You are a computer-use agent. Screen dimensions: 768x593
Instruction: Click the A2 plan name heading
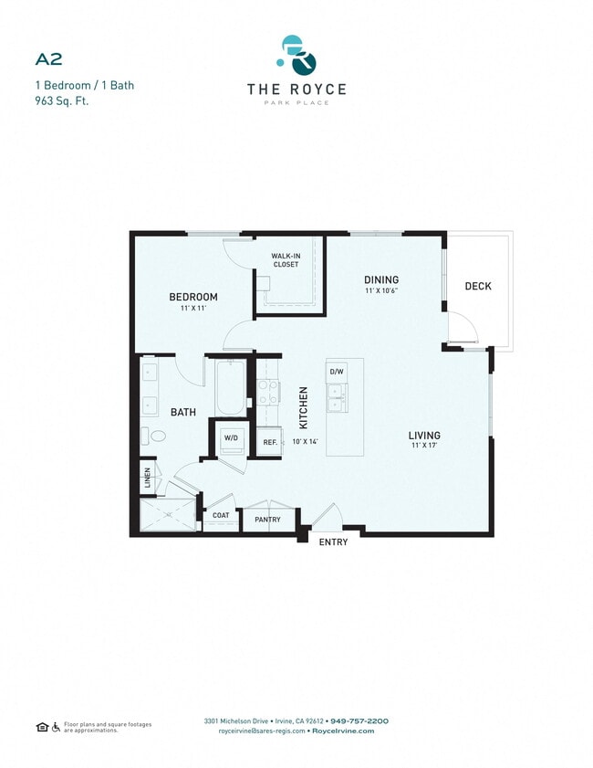click(x=48, y=59)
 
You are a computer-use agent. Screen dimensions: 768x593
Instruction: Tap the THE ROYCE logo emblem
click(x=297, y=56)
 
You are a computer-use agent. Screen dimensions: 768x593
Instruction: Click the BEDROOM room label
click(x=192, y=298)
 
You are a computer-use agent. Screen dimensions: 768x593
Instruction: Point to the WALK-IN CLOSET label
click(x=285, y=260)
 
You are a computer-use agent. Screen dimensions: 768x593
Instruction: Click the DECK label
click(x=478, y=286)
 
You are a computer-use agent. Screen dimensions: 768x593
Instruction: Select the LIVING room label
click(x=424, y=436)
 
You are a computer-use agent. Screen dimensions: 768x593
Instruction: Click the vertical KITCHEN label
click(x=304, y=407)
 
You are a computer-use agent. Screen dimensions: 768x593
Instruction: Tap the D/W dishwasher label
click(x=337, y=372)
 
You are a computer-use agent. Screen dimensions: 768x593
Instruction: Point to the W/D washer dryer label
click(x=230, y=437)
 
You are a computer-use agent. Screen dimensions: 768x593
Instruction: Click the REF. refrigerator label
click(x=270, y=443)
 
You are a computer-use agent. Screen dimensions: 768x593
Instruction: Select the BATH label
click(x=183, y=413)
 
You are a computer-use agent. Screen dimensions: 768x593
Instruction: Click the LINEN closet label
click(x=146, y=478)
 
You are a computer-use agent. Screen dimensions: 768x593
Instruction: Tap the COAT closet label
click(x=221, y=516)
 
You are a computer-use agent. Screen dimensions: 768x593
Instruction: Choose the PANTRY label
click(x=267, y=520)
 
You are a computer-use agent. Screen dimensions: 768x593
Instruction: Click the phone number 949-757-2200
click(x=359, y=721)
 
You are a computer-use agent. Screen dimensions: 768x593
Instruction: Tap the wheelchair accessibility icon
click(x=56, y=726)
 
